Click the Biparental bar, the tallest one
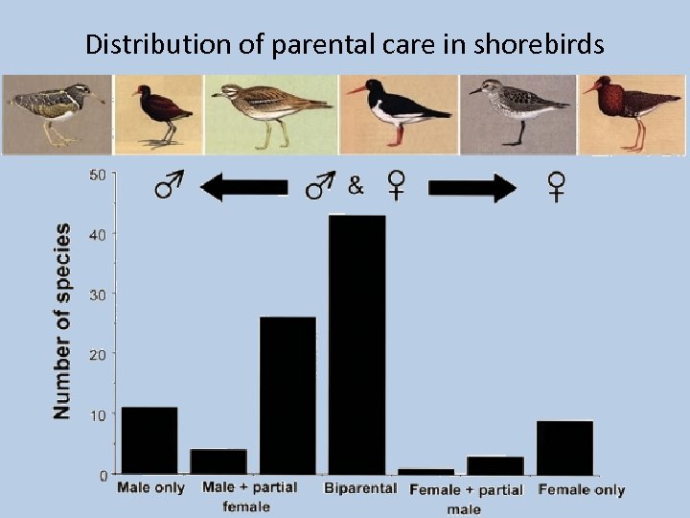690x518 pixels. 356,343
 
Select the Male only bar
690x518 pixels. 149,440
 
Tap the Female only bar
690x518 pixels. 564,447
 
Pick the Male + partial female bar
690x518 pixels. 218,461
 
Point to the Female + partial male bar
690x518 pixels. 495,465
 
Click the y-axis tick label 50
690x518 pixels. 98,175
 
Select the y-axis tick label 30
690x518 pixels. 98,294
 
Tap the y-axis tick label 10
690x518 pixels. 98,414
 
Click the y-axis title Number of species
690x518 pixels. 61,320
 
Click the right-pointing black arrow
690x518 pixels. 471,187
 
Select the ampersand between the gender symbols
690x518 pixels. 356,186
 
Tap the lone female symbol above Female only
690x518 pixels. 556,186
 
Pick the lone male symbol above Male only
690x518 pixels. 170,186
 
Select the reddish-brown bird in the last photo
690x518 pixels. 627,111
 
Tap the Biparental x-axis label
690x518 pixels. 360,488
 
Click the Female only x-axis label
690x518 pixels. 581,490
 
